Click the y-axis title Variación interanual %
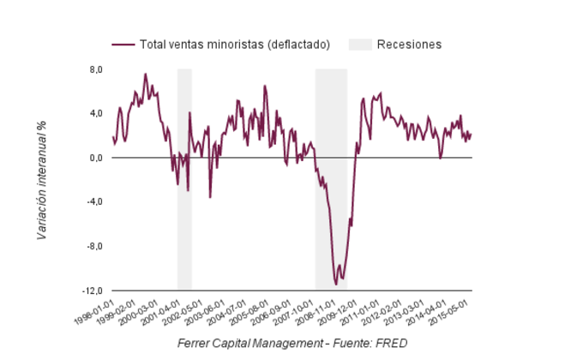pyautogui.click(x=41, y=180)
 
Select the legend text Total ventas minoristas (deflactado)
pyautogui.click(x=234, y=45)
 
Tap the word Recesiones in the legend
pyautogui.click(x=409, y=45)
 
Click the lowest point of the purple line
pyautogui.click(x=336, y=284)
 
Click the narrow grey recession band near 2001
pyautogui.click(x=184, y=180)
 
